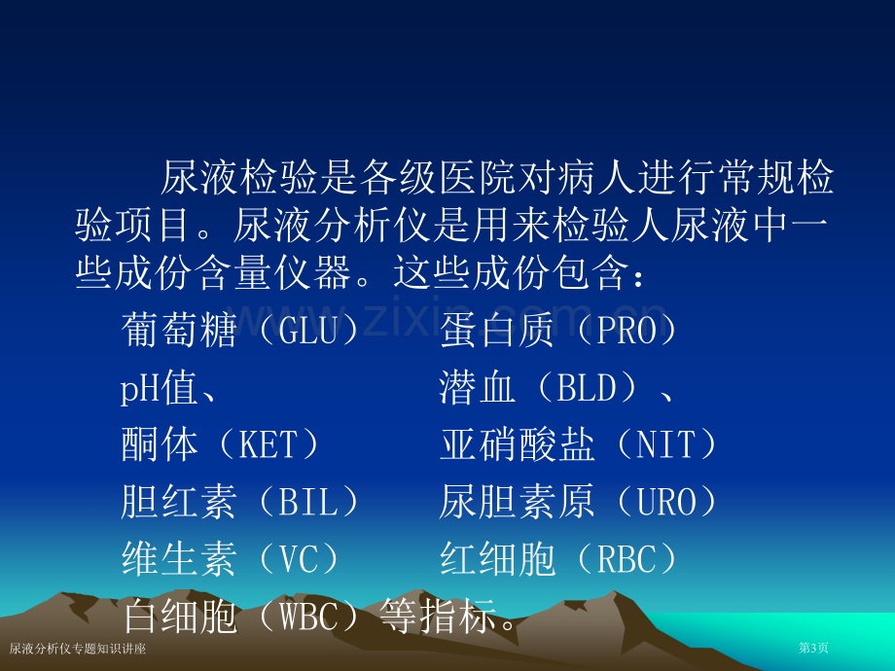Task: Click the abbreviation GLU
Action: pos(307,331)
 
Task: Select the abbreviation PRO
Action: pos(626,331)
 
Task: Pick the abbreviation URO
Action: pos(666,502)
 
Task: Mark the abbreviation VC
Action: pos(298,559)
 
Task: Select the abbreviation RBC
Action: pos(626,559)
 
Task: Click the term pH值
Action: pos(159,388)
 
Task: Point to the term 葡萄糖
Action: pos(179,331)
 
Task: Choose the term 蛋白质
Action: pos(497,331)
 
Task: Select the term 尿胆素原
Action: pos(518,502)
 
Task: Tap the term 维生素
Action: pos(179,559)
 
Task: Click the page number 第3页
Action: pos(813,648)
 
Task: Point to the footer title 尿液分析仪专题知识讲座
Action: pos(78,649)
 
